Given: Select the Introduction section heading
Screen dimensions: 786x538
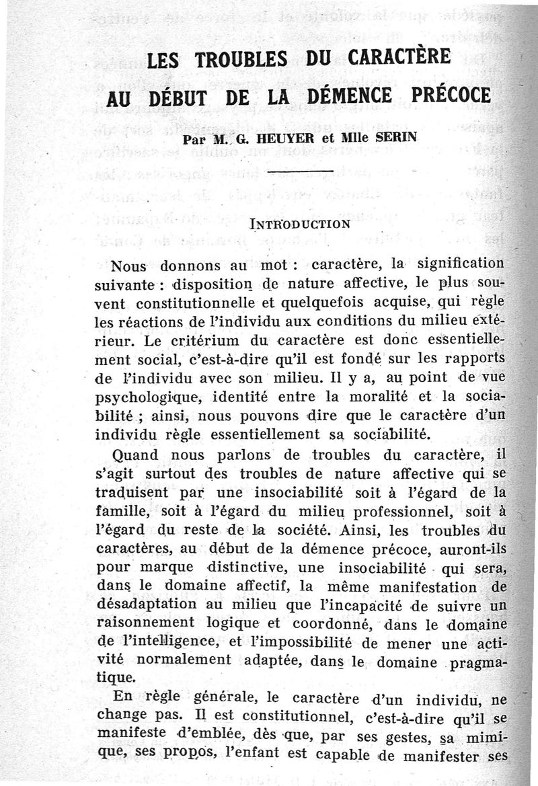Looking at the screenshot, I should (x=299, y=223).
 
